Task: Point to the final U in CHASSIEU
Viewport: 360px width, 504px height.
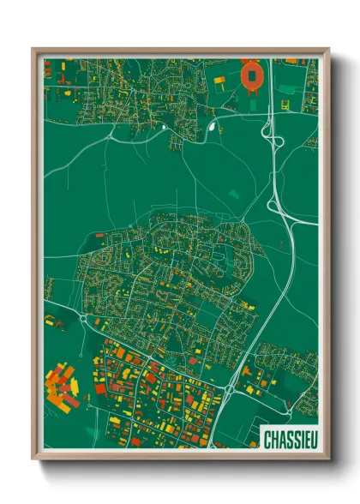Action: click(309, 435)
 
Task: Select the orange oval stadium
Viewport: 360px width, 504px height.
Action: click(251, 76)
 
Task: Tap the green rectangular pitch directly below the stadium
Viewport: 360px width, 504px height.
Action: click(253, 100)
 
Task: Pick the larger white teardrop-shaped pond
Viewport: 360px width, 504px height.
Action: click(211, 129)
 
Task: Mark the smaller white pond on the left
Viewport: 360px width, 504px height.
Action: click(163, 128)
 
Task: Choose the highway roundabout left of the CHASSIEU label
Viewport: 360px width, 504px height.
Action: click(229, 388)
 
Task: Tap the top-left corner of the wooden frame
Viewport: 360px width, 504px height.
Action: click(33, 49)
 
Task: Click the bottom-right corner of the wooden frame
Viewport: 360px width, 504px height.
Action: click(328, 459)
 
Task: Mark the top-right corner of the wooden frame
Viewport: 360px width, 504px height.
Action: click(328, 49)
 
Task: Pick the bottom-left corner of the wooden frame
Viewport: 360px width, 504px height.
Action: click(33, 459)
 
